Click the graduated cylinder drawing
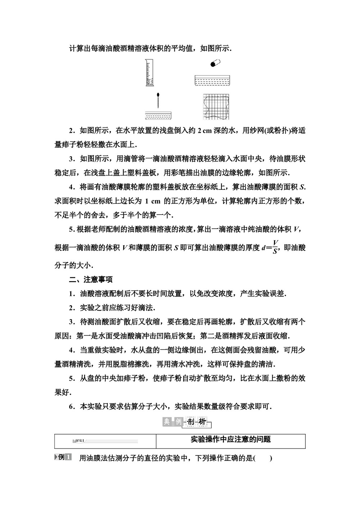149,73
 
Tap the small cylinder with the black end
215,63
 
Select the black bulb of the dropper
158,96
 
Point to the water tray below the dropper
158,116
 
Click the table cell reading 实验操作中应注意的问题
230,440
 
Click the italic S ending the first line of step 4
302,187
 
